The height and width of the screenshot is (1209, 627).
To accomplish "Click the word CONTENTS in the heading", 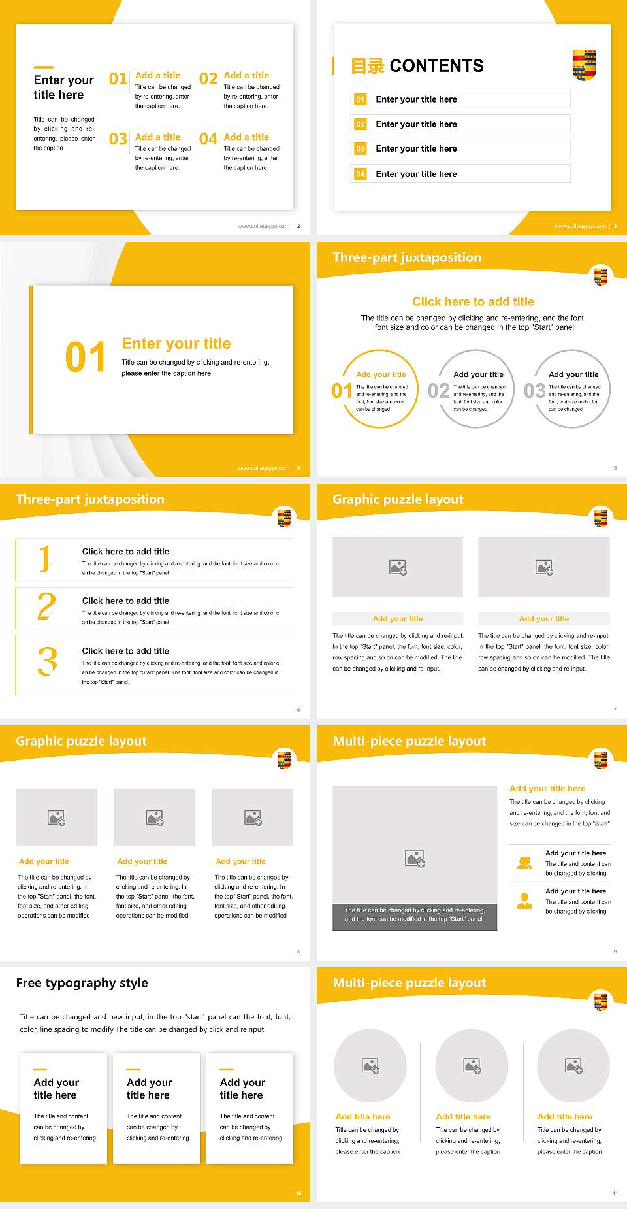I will pos(436,66).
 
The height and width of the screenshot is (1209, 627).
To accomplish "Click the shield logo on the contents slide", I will pos(584,65).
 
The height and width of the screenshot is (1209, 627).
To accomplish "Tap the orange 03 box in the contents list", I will pos(360,149).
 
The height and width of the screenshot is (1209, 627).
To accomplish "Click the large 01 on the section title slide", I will pos(85,357).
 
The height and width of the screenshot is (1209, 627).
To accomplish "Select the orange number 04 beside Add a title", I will pos(208,139).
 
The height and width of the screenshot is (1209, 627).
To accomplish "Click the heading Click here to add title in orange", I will pos(473,301).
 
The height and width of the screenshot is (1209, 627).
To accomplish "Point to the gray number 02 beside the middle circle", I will pos(438,391).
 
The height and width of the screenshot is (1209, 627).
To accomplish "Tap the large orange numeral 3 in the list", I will pos(47,661).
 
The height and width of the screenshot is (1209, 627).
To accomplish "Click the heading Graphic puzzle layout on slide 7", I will pos(398,499).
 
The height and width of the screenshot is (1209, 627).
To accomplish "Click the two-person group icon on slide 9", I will pos(524,863).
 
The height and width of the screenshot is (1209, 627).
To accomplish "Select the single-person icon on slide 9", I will pos(524,901).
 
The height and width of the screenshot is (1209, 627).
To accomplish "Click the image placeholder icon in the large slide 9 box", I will pos(415,858).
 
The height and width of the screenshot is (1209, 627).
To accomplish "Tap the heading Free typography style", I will pos(82,983).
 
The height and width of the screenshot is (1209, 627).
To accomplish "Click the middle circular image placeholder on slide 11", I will pos(472,1066).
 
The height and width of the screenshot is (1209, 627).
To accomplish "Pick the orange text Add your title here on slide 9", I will pos(547,789).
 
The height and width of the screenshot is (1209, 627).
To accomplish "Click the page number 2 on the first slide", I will pos(298,226).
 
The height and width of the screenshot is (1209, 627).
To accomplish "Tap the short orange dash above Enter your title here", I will pos(43,67).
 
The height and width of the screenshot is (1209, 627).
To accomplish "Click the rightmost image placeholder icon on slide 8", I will pos(253,818).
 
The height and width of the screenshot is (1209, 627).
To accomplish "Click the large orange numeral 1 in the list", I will pos(44,559).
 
